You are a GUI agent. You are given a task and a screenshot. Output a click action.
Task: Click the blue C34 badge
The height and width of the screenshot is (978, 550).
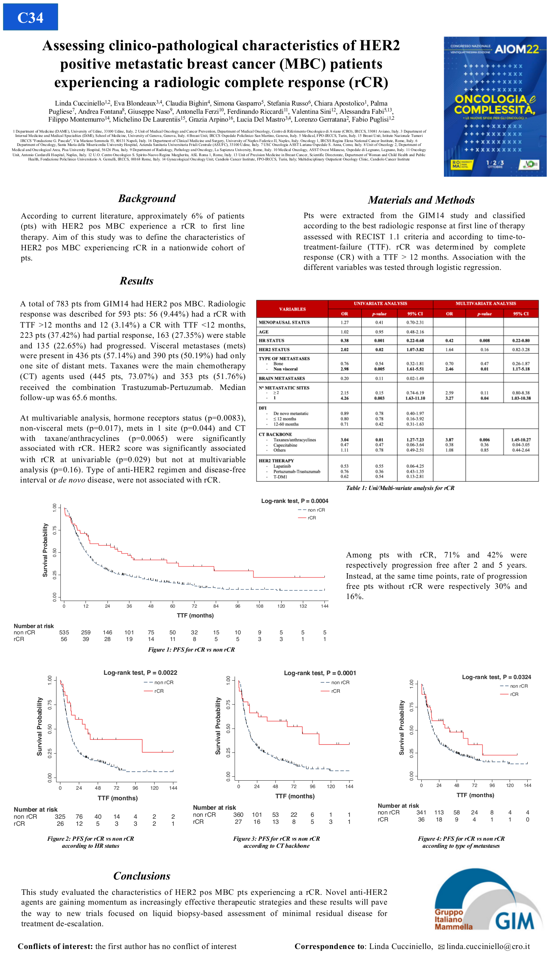coord(30,17)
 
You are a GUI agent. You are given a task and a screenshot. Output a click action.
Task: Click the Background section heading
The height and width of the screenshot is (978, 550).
coord(147,199)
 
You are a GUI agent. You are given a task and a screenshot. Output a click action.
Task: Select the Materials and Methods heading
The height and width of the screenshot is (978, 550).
coord(421,200)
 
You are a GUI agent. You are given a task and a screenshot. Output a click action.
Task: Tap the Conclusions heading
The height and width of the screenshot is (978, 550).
coord(142,876)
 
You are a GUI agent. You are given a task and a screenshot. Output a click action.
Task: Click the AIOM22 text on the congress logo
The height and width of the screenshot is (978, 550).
coord(517,49)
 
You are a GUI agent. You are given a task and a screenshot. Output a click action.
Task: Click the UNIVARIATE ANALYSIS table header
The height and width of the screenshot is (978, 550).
coord(380,304)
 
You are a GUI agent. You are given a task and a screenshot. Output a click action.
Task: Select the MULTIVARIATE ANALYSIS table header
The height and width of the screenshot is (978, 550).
coord(485,304)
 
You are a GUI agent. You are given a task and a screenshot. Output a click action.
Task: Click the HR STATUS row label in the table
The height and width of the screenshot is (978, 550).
coord(271,341)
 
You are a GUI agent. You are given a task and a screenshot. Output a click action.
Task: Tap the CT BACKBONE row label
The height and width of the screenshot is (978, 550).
coord(275,434)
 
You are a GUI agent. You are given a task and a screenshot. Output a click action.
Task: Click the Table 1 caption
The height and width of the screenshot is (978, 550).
coord(400,488)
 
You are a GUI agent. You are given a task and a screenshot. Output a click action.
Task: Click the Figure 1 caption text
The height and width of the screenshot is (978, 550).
coord(191,650)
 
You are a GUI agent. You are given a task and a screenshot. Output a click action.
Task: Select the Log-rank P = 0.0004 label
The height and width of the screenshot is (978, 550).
coord(295,501)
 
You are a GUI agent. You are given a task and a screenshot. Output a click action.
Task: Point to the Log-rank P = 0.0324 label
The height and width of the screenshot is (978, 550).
coord(496,677)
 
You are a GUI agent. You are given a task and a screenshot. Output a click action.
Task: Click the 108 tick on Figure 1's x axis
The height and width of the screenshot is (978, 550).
coord(260,606)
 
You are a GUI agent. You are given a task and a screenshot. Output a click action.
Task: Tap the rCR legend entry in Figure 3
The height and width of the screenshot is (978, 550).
coord(335,691)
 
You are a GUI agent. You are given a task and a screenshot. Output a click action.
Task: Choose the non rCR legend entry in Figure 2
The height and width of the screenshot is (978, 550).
coord(164,682)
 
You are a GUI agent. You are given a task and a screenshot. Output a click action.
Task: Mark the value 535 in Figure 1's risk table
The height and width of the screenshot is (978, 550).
coord(64,632)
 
